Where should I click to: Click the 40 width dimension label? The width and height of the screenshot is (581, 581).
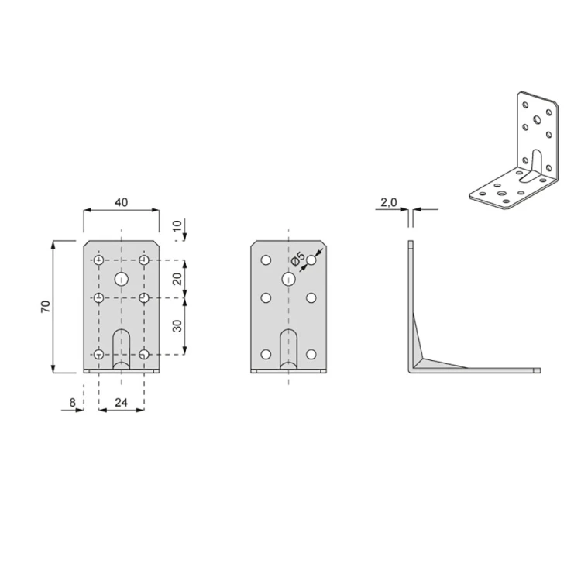tap(121, 202)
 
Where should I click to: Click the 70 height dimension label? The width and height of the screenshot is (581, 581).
tap(46, 307)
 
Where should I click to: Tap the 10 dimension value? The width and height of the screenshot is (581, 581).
tap(178, 225)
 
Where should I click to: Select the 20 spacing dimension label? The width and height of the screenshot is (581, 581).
tap(178, 279)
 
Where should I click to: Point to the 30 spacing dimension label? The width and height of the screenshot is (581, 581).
tap(178, 326)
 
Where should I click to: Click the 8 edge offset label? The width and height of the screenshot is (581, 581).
tap(72, 402)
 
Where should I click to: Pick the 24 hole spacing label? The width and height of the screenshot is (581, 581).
tap(121, 402)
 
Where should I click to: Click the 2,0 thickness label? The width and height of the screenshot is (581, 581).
tap(389, 202)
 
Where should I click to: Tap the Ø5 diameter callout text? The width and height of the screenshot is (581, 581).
tap(298, 258)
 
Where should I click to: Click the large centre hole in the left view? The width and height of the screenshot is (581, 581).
tap(121, 279)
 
